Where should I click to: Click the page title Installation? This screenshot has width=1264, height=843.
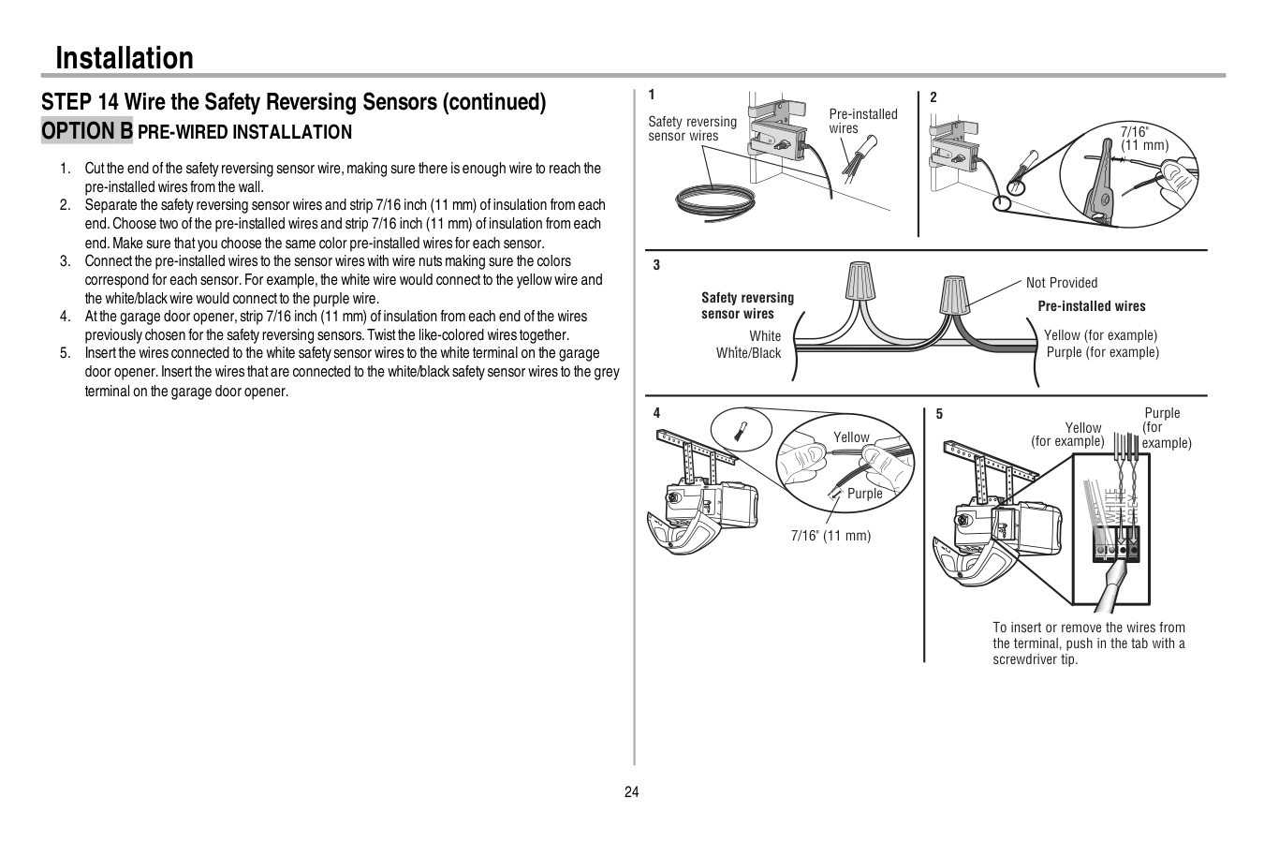[x=125, y=58]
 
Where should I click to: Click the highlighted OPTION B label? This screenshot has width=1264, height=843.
[x=87, y=131]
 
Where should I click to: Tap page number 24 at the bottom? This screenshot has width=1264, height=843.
[x=631, y=792]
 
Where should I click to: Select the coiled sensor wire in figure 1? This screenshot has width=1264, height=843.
[x=715, y=200]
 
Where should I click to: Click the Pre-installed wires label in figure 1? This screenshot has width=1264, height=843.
[x=862, y=121]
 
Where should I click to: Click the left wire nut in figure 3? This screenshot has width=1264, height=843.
[x=860, y=282]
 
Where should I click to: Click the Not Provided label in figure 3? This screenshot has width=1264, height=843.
[x=1062, y=283]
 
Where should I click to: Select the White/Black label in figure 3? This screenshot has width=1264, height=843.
[x=748, y=353]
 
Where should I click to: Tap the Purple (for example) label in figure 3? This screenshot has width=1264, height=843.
[x=1102, y=352]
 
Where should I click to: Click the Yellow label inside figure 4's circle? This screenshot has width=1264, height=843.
[x=851, y=437]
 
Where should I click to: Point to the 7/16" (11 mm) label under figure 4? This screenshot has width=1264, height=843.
[x=830, y=536]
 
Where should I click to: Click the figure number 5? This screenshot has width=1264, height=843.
[x=939, y=414]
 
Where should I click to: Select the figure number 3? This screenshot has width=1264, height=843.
[x=656, y=265]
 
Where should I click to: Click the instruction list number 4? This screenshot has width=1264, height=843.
[x=66, y=317]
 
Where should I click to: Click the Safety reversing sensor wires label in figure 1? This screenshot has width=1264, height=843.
[x=692, y=128]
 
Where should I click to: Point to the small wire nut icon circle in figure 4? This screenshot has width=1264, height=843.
[x=741, y=432]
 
